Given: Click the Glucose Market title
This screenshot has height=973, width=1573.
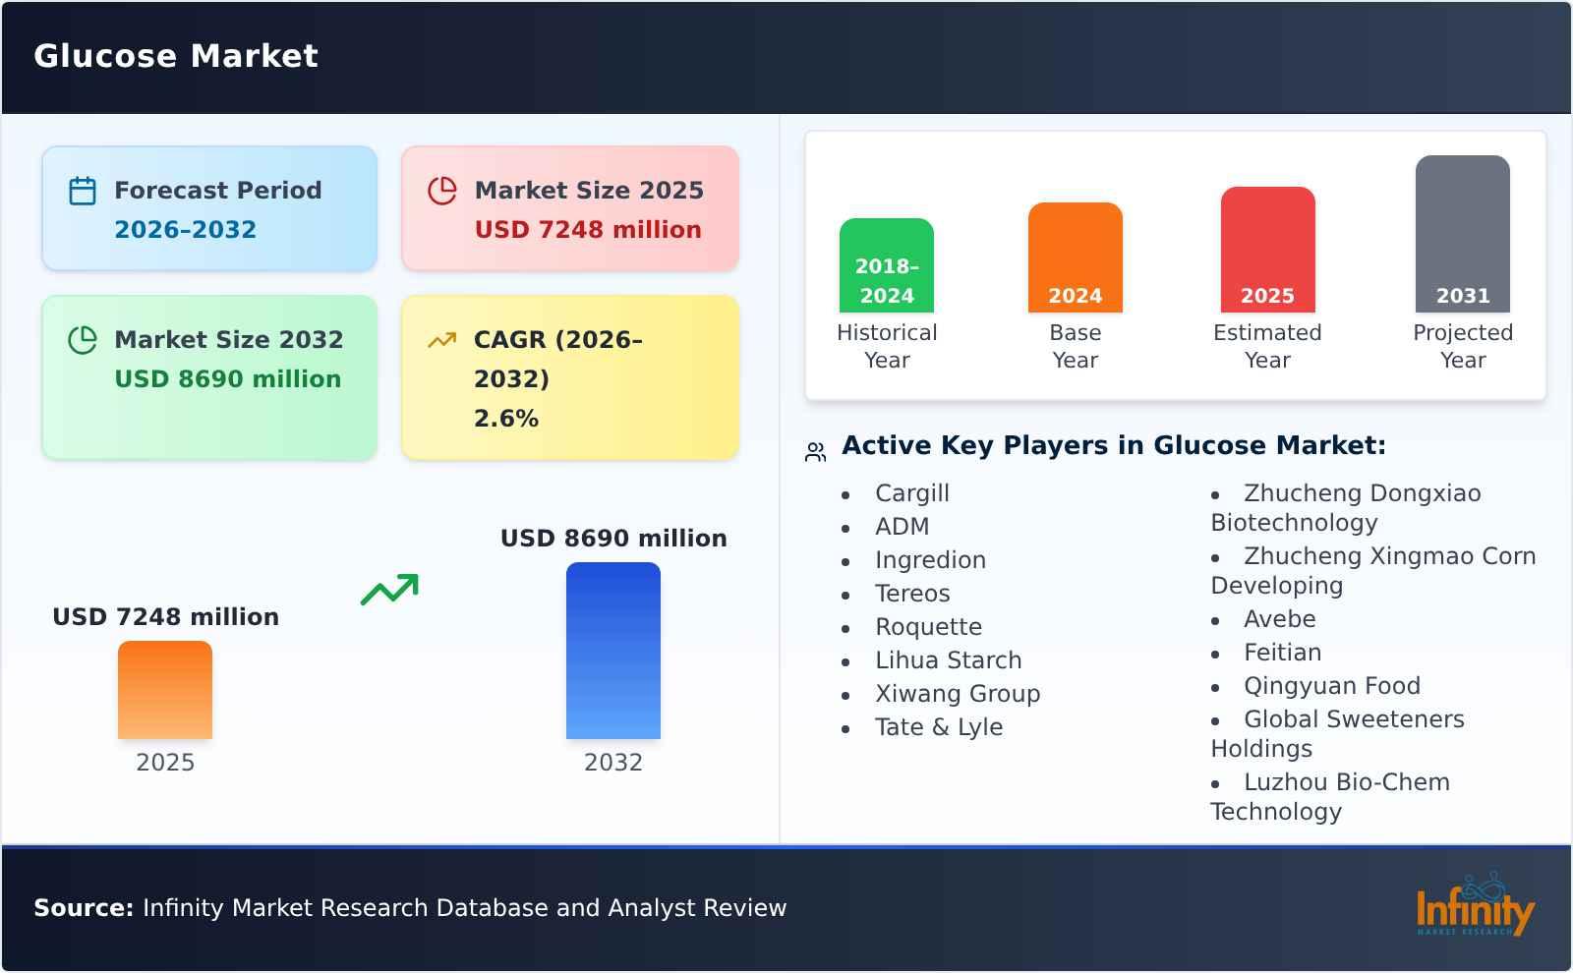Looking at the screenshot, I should (x=176, y=56).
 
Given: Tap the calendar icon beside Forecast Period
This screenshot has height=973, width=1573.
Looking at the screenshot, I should (x=83, y=191).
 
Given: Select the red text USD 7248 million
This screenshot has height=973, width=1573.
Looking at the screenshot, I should (x=588, y=230).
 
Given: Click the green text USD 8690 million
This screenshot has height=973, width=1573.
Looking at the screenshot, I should (x=228, y=379).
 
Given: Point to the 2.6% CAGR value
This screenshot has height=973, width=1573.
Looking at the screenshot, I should (x=506, y=419).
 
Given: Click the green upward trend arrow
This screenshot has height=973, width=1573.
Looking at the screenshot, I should (x=389, y=590).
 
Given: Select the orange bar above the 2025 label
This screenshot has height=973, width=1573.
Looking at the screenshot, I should (x=165, y=690).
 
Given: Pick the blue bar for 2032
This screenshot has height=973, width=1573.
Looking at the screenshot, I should (x=613, y=651).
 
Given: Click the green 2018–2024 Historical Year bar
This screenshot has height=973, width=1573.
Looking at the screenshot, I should (x=887, y=265).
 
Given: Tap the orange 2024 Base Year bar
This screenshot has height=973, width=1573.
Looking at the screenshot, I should (x=1076, y=258).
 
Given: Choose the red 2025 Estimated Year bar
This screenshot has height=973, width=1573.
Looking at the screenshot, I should (x=1268, y=250).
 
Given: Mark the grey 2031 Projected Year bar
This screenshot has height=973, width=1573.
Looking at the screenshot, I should (x=1463, y=234).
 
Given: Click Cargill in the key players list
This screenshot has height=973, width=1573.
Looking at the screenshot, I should (x=912, y=493).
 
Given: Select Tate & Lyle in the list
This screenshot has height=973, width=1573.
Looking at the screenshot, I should (x=939, y=727).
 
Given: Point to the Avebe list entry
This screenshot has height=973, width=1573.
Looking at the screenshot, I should (x=1279, y=619).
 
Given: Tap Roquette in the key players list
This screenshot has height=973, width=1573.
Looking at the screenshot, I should (x=928, y=627).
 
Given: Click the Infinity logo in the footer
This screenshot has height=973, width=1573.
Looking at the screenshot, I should (x=1474, y=907).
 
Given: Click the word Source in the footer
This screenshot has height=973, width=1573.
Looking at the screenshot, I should (x=83, y=908).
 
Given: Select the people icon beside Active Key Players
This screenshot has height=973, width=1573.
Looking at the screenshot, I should (x=815, y=452).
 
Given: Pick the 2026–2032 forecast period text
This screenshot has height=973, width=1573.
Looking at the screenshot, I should (x=185, y=230).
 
